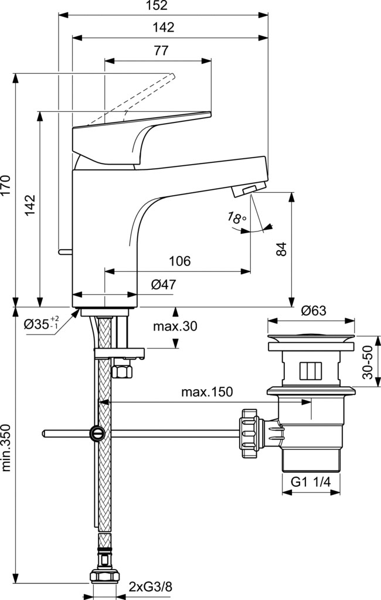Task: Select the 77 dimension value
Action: coord(161,50)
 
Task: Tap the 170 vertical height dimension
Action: coord(5,186)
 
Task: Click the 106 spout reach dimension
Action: coord(179,261)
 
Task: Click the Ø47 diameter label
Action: coord(164,284)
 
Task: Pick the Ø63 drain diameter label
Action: coord(314,311)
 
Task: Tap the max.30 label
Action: coord(175,326)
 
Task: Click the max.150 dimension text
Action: coord(207,392)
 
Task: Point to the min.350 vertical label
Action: coord(6,448)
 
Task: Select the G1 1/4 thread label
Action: coord(311,482)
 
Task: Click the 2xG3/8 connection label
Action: coord(150,587)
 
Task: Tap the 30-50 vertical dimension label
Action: coord(368,362)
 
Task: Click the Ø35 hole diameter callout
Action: coord(42,324)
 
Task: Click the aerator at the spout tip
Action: coord(249,189)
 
